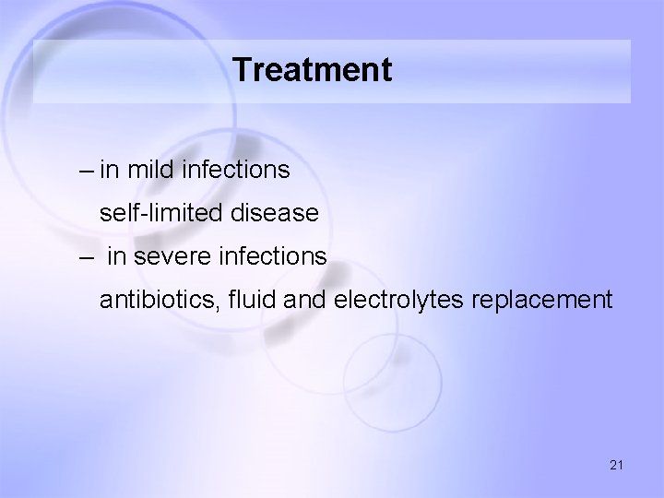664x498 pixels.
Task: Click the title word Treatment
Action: (313, 70)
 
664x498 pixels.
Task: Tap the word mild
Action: (150, 170)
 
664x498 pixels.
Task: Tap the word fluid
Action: (234, 300)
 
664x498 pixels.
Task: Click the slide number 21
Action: (616, 466)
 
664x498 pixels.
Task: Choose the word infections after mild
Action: (238, 170)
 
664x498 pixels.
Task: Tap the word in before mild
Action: (109, 170)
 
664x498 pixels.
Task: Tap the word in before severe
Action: (116, 256)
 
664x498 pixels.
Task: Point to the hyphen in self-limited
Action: (141, 215)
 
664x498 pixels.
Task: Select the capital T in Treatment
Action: (243, 70)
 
